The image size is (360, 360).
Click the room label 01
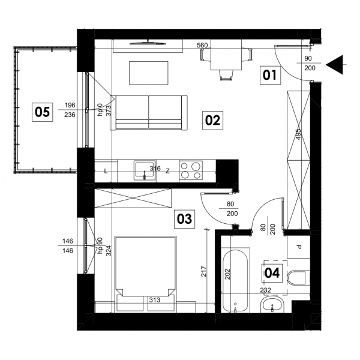coord(270,75)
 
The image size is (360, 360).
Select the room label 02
coord(212,121)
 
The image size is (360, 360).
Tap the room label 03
coord(184,219)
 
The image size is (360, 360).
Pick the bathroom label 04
coord(272,273)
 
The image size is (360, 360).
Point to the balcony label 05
coord(42,112)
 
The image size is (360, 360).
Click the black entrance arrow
coord(335,65)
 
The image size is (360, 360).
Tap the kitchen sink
coord(145,170)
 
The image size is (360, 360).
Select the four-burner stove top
coord(191,170)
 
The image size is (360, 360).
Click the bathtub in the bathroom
coord(235,280)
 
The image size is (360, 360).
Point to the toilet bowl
coord(297,278)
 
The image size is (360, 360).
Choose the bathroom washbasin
coord(272,305)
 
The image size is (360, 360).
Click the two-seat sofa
coord(149,113)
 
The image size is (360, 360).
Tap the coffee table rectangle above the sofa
coord(149,73)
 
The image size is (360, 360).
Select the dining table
coord(226,55)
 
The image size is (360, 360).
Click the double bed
coord(146,274)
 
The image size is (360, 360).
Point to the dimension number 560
coord(202,46)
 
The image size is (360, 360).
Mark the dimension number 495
coord(298,134)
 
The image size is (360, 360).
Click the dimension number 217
coord(203,271)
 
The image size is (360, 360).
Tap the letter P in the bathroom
coord(299,247)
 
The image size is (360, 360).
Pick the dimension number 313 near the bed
coord(155,300)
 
